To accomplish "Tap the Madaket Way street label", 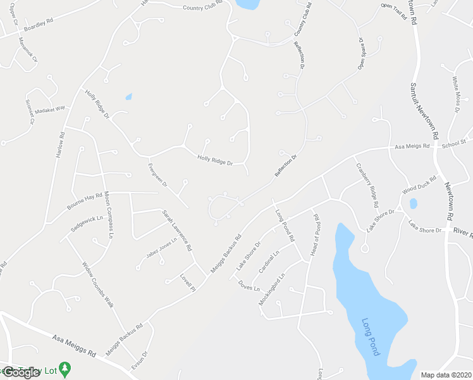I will pos(50,109).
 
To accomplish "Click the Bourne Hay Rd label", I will pos(85,201).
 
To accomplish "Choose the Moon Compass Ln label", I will pos(108,214).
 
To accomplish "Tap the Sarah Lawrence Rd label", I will pos(176,231).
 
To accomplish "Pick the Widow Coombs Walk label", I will pos(97,284).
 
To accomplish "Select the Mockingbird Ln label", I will pos(272,289).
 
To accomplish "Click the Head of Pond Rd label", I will pos(316,235).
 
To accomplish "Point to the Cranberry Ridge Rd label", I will pos(366,186).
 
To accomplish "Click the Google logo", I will pos(21,372).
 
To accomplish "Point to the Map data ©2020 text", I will pos(446,375).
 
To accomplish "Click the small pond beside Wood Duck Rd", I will pos(413,204).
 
